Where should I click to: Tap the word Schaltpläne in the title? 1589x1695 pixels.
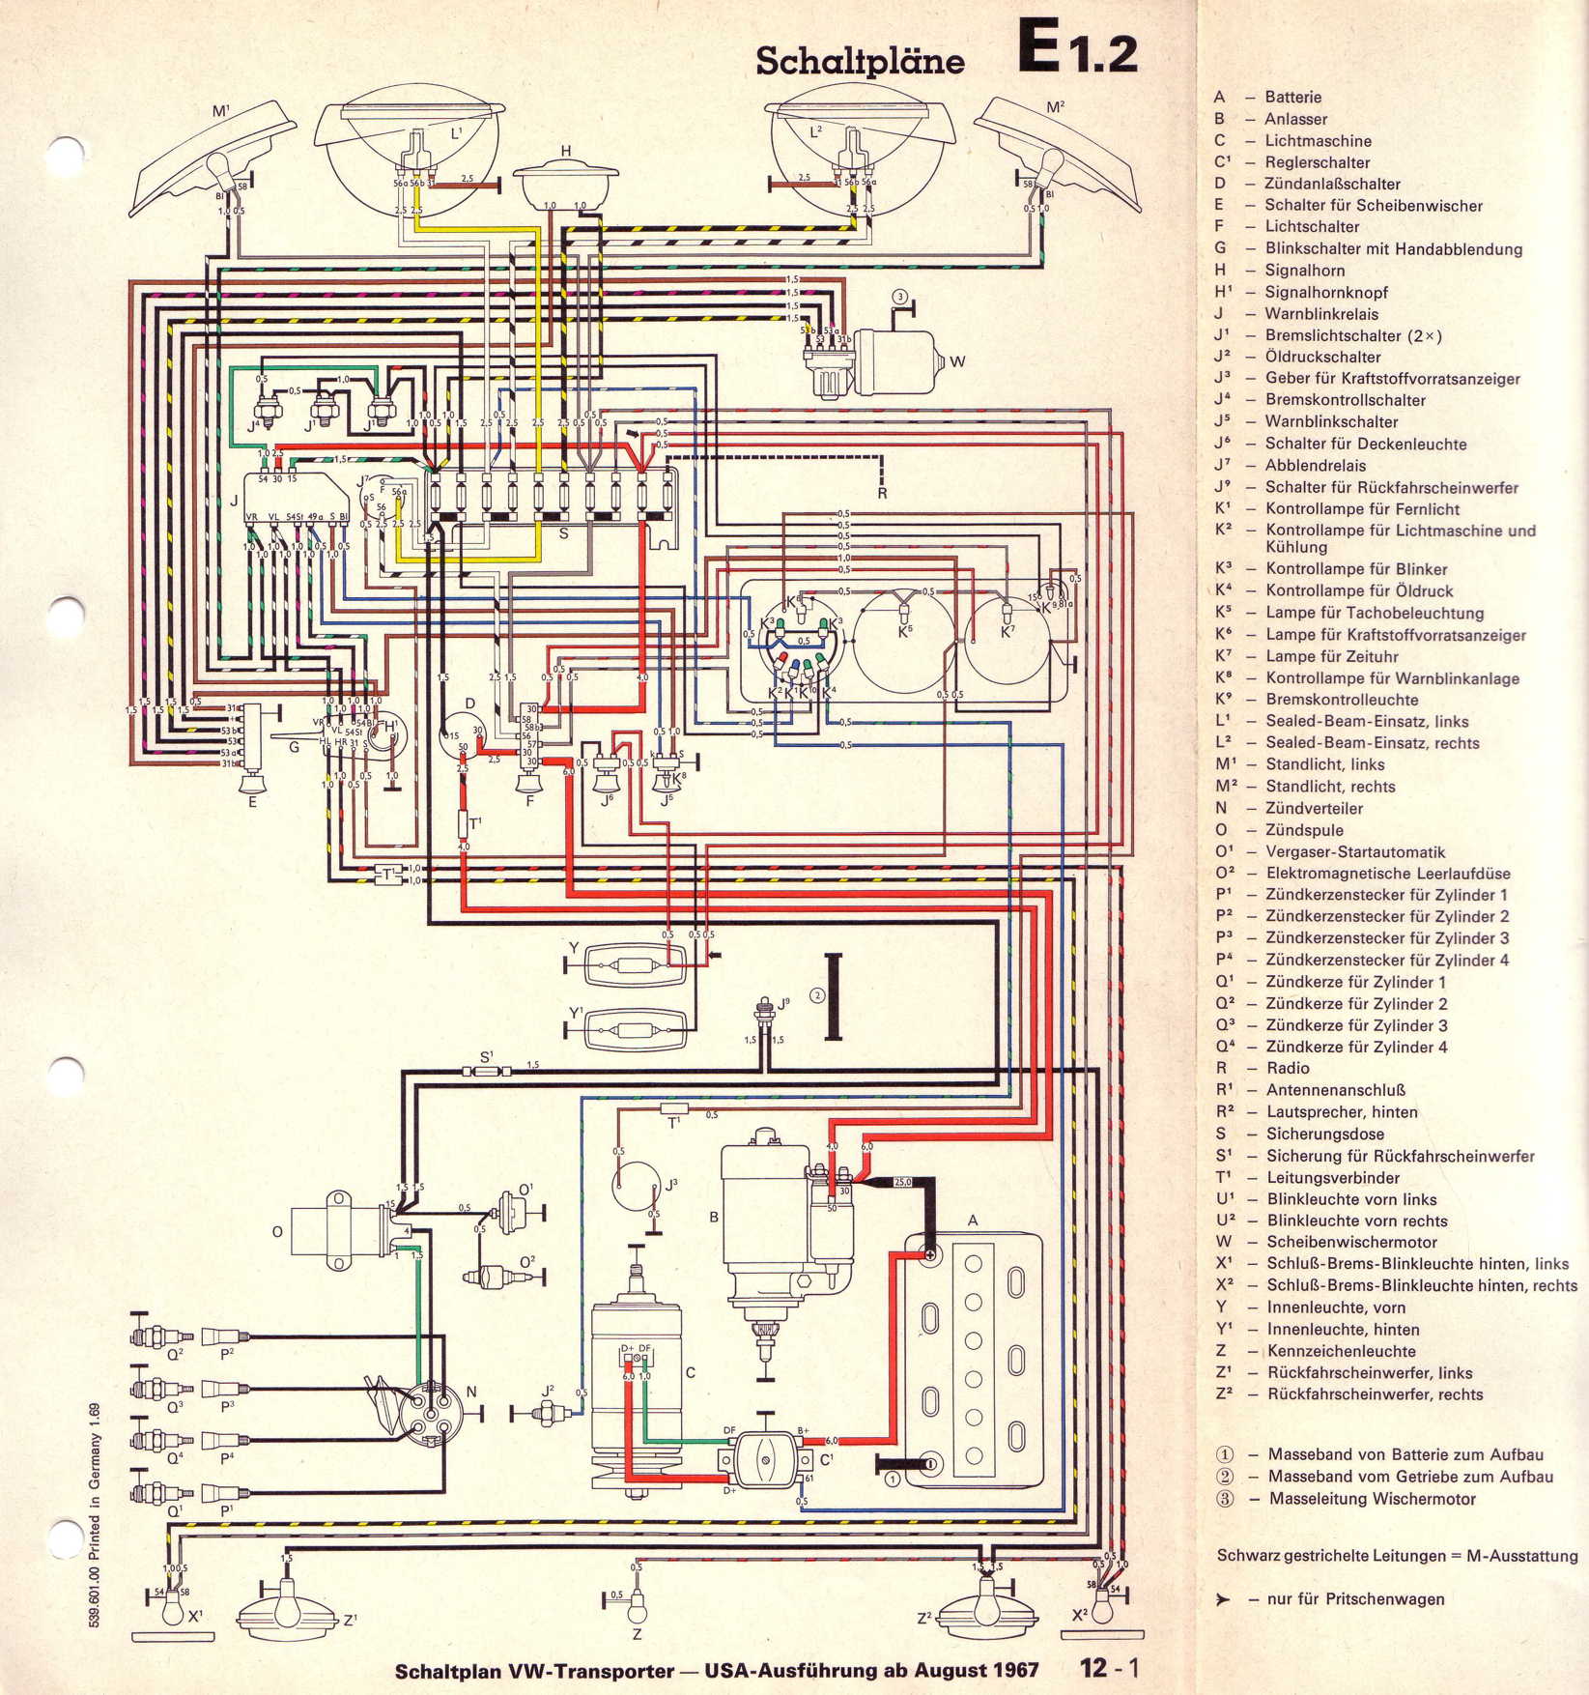860,60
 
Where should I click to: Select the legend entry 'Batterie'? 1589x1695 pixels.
1292,97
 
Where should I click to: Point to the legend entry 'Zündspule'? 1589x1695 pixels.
1304,830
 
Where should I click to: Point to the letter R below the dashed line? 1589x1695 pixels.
882,494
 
